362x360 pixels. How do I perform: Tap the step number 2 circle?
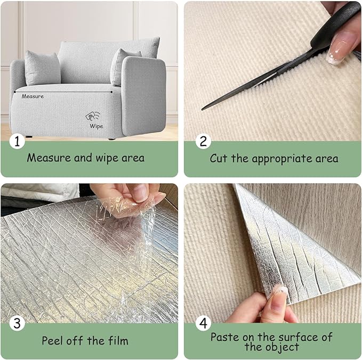203,141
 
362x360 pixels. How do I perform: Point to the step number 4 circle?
203,324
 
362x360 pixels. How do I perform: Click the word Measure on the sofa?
33,96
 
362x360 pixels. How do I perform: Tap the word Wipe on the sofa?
96,126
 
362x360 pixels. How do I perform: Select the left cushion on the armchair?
42,68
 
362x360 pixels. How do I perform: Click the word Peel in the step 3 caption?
54,341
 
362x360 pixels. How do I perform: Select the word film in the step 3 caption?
117,341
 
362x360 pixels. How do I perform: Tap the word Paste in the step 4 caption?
224,337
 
